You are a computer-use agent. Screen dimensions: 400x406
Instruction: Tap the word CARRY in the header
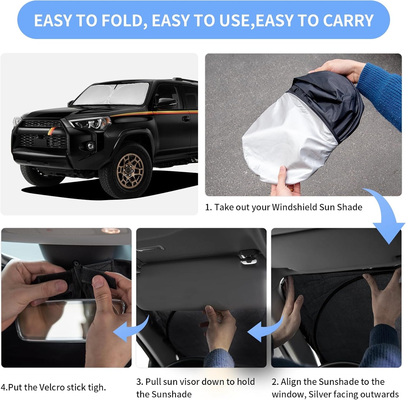(348, 21)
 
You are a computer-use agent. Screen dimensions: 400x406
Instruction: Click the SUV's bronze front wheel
(130, 170)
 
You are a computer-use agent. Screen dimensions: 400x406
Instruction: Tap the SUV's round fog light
(90, 146)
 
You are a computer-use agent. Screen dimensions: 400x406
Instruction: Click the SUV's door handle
(186, 119)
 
